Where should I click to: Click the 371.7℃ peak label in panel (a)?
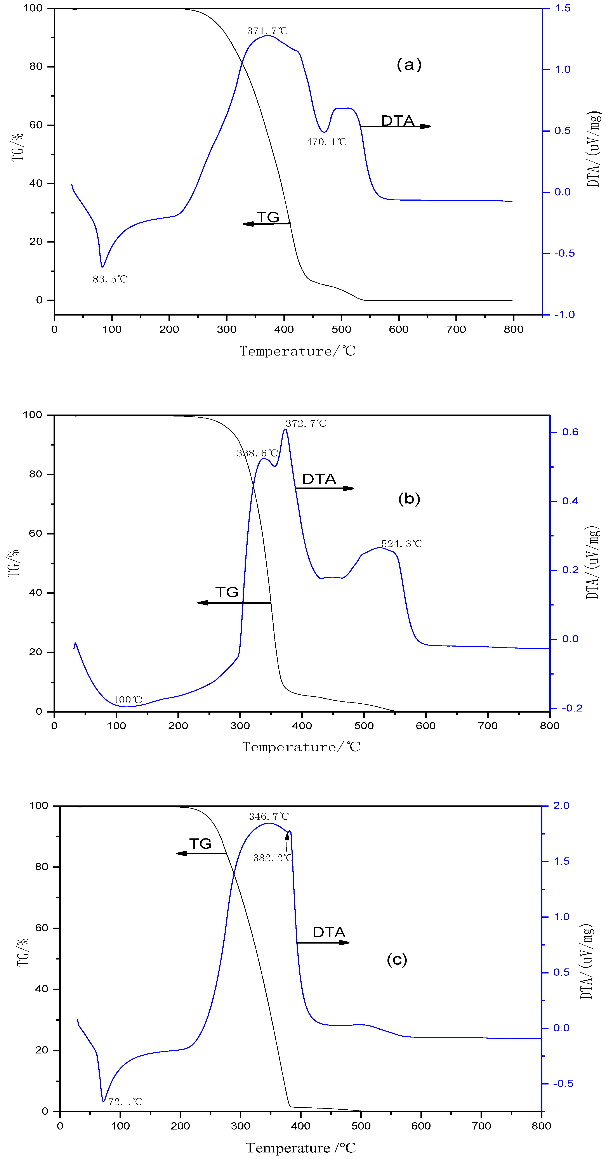267,31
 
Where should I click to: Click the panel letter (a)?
409,64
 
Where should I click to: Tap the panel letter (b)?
409,498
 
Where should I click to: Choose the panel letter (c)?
397,960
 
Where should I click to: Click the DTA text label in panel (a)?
398,121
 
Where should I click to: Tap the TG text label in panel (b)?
227,592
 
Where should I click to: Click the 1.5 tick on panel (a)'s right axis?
562,8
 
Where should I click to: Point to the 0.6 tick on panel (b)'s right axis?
570,432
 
